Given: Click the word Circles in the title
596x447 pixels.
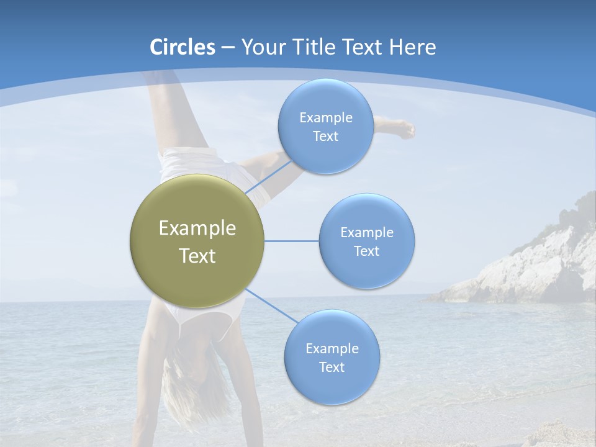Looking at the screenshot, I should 182,47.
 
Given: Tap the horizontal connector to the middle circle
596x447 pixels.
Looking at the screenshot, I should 291,241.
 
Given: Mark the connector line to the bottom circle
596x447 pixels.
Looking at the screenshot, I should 271,305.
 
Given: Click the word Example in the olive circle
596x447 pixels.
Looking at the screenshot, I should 197,228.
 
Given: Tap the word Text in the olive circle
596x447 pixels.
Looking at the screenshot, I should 197,256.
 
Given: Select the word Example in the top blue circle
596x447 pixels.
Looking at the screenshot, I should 326,118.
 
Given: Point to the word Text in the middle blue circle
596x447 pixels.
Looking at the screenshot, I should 366,251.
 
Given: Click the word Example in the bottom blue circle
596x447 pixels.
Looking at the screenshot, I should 332,349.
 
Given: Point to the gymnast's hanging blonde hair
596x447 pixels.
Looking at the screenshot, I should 180,379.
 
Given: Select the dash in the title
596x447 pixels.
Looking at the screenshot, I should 228,48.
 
